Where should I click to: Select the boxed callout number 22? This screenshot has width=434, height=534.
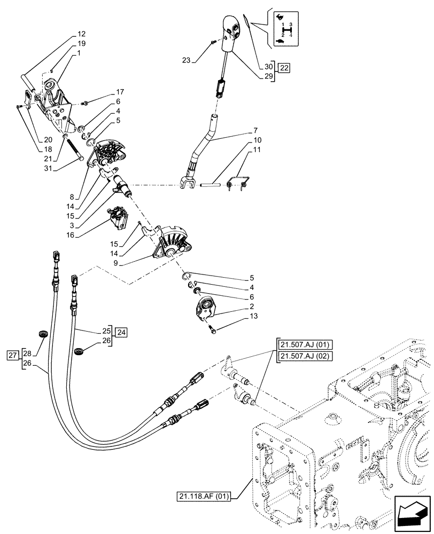[284, 68]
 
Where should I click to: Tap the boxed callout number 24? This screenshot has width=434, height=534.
[121, 332]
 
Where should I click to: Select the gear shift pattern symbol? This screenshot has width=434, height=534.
[284, 29]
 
